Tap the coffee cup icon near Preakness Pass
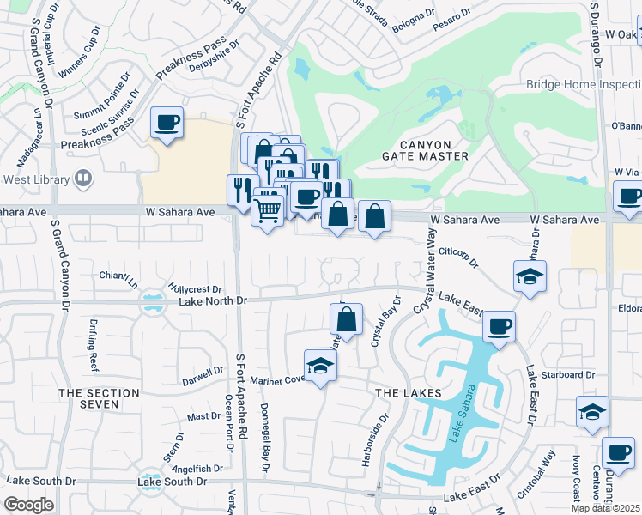167,122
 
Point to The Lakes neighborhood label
409,392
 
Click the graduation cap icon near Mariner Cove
321,366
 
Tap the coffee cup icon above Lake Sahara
499,326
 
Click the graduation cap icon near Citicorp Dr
530,276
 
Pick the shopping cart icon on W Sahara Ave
268,208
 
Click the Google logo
28,505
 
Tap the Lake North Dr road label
213,301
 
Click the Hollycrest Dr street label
196,290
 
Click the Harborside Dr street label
386,435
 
